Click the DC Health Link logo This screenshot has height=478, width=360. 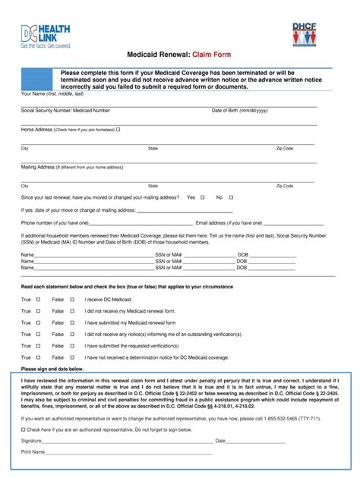(46, 34)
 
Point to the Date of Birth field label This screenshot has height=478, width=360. (239, 110)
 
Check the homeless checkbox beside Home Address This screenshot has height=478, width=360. (118, 130)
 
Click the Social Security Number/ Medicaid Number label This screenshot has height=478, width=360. (65, 110)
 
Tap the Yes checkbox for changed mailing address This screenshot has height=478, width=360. (202, 197)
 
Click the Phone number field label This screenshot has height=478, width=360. (55, 223)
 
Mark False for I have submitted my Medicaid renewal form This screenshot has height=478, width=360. (72, 322)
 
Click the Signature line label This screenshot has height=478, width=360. (31, 461)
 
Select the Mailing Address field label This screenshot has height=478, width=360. (38, 166)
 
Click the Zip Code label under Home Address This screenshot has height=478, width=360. (284, 149)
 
